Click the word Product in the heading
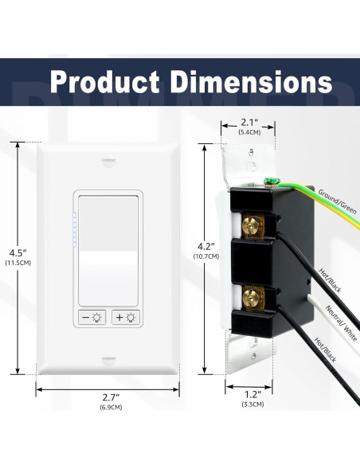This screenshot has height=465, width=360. (105, 82)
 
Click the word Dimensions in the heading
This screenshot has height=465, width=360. (251, 81)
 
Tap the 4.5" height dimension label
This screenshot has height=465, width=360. (18, 253)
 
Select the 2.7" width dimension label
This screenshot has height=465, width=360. (111, 397)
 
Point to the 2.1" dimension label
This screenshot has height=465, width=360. (249, 122)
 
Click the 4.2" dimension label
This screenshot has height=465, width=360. (206, 246)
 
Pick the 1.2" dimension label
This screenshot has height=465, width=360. (252, 394)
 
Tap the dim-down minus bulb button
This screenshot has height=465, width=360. (92, 318)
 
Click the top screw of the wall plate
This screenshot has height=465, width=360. (108, 162)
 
